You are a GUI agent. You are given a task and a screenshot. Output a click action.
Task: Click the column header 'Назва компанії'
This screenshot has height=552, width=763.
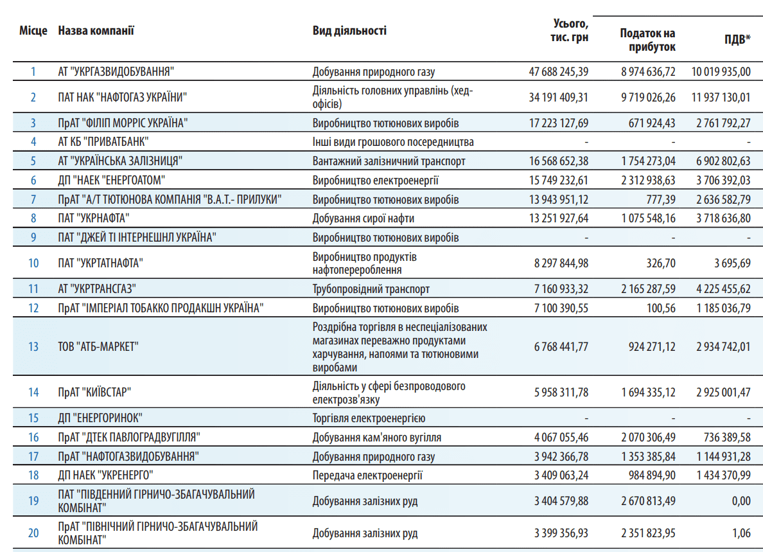pyautogui.click(x=96, y=31)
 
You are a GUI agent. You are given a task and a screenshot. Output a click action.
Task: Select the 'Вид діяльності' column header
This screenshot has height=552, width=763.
pyautogui.click(x=349, y=31)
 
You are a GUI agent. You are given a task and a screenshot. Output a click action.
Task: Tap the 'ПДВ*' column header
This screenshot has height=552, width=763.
pyautogui.click(x=737, y=39)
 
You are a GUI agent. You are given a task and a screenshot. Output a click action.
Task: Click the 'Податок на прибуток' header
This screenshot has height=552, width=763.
pyautogui.click(x=647, y=40)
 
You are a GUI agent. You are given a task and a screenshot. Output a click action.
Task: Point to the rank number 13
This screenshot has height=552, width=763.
pyautogui.click(x=33, y=346)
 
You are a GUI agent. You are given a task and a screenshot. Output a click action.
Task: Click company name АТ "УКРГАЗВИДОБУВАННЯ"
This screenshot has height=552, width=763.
pyautogui.click(x=116, y=71)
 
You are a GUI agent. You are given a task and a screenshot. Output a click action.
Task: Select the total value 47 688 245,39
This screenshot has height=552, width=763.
pyautogui.click(x=559, y=72)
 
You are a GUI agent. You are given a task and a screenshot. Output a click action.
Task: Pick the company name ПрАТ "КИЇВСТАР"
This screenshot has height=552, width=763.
pyautogui.click(x=94, y=393)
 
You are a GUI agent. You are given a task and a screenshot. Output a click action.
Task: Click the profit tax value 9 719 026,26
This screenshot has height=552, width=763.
pyautogui.click(x=648, y=97)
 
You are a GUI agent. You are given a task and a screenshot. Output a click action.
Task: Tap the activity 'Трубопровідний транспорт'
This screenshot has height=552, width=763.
pyautogui.click(x=371, y=289)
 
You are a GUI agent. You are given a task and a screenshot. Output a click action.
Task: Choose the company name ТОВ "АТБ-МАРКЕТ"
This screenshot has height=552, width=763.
pyautogui.click(x=98, y=346)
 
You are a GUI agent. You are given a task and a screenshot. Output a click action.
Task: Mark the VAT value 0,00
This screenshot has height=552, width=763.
pyautogui.click(x=741, y=501)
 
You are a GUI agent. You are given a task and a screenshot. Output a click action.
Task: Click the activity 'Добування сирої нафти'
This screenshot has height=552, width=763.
pyautogui.click(x=363, y=218)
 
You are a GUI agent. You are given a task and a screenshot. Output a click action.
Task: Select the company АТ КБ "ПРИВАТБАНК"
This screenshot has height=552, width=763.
pyautogui.click(x=103, y=141)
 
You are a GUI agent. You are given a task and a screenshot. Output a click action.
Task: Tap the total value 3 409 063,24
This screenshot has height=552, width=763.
pyautogui.click(x=561, y=475)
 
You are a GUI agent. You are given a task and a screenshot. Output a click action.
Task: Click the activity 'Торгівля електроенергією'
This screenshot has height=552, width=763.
pyautogui.click(x=369, y=418)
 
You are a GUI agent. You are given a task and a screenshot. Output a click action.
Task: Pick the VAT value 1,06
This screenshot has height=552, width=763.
pyautogui.click(x=742, y=533)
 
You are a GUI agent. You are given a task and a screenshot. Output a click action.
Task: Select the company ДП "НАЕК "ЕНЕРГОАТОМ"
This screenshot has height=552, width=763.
pyautogui.click(x=112, y=181)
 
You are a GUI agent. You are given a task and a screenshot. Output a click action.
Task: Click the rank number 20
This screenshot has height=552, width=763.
pyautogui.click(x=33, y=533)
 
